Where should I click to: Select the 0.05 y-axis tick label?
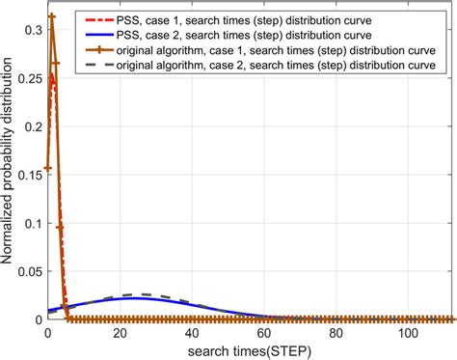pyautogui.click(x=26, y=270)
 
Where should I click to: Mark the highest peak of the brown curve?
pyautogui.click(x=51, y=16)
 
